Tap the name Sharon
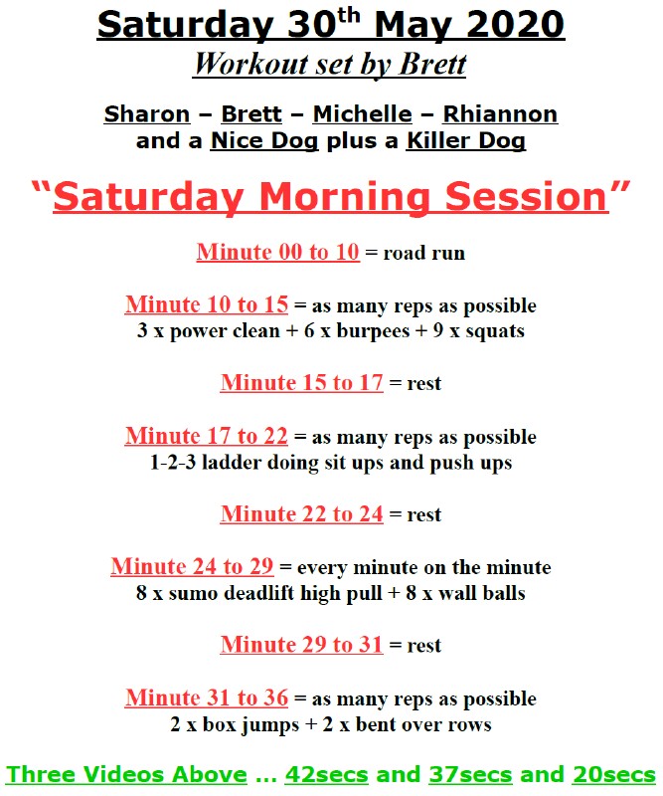click(x=147, y=114)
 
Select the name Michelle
click(x=362, y=114)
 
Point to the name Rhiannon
click(x=500, y=114)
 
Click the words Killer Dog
click(x=465, y=141)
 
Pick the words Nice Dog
click(x=264, y=141)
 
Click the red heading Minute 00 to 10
click(x=278, y=252)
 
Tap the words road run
click(x=424, y=253)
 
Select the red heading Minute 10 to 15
click(x=207, y=304)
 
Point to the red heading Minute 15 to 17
click(x=302, y=383)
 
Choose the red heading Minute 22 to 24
click(x=302, y=513)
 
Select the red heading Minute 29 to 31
click(x=302, y=645)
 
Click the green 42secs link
click(x=327, y=775)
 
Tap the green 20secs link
click(x=614, y=775)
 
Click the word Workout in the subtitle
click(x=252, y=65)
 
